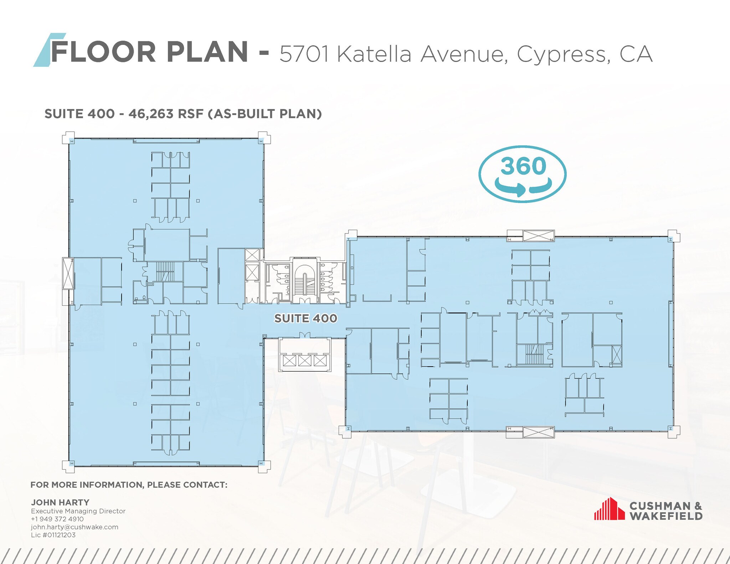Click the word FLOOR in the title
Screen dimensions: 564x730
[103, 52]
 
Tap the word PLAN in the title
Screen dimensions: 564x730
[207, 52]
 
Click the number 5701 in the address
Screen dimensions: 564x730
[304, 54]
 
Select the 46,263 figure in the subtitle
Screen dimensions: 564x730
[151, 114]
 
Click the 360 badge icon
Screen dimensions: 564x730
[523, 174]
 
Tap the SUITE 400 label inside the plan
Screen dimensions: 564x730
[305, 318]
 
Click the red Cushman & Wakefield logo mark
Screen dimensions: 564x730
[609, 509]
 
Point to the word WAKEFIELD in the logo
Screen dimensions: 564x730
[666, 516]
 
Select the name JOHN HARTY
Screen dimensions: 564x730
[60, 502]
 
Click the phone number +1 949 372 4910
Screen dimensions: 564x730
[57, 519]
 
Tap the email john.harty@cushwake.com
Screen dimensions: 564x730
[74, 527]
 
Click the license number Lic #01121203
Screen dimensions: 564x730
[53, 535]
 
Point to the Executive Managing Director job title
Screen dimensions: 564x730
[78, 511]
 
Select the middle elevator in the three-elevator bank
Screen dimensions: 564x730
[305, 361]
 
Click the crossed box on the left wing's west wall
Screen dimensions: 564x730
[67, 273]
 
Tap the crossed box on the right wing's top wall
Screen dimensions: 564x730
[538, 236]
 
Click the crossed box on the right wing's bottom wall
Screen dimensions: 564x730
[538, 432]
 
